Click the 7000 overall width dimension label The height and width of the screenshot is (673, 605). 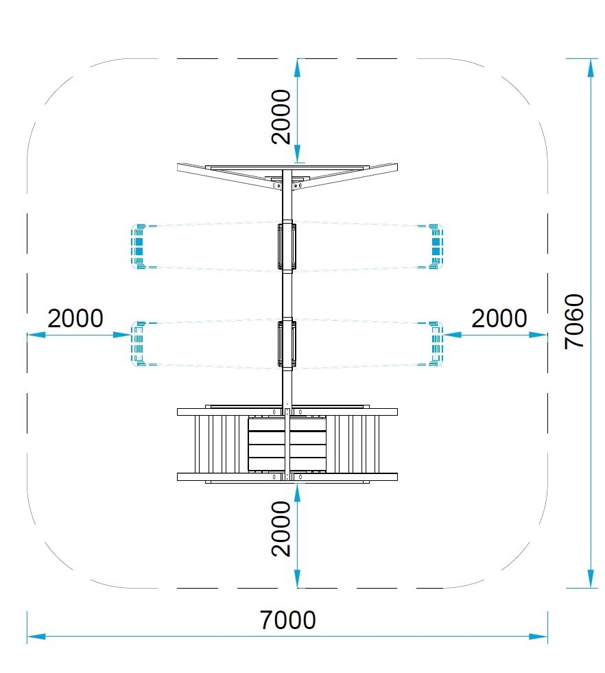287,619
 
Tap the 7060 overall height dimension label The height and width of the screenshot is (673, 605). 574,321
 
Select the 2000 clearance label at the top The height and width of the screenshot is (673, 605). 281,117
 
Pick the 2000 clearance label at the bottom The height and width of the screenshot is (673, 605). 281,529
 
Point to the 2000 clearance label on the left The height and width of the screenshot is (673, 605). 75,318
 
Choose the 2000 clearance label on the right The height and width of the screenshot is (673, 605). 499,318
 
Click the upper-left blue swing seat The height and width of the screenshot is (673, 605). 138,246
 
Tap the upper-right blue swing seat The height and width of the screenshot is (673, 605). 436,246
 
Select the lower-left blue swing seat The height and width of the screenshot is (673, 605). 138,344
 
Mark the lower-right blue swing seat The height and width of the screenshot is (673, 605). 436,344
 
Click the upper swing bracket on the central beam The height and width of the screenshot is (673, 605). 287,246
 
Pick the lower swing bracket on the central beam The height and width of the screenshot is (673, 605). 287,344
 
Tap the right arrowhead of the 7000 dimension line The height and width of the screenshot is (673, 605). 538,636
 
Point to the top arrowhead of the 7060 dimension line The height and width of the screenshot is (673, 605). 591,68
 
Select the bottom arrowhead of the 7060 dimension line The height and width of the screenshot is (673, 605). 591,578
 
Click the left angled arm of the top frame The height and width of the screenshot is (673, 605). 229,176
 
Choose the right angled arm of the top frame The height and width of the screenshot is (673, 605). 345,176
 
